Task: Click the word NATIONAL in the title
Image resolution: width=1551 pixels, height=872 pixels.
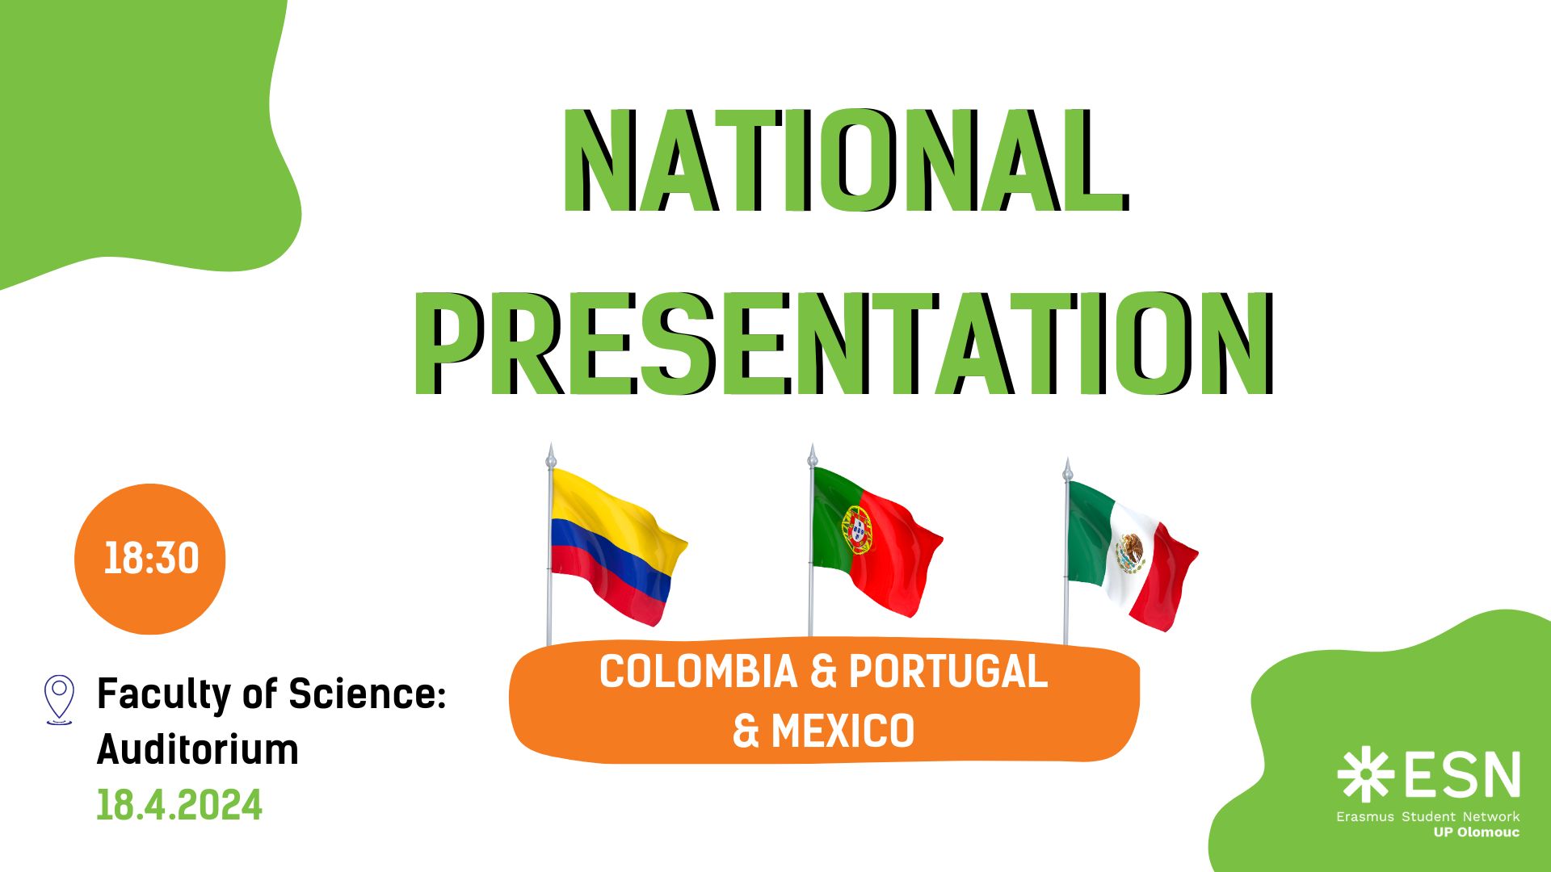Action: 845,161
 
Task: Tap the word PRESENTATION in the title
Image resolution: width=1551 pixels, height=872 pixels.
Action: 845,345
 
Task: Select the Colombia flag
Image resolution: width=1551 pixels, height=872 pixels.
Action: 618,547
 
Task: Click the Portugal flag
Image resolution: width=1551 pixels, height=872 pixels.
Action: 876,541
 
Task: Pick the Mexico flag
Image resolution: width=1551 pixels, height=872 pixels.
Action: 1131,555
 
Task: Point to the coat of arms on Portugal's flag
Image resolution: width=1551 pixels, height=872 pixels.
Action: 858,530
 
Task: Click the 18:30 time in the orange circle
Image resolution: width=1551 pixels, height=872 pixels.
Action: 151,559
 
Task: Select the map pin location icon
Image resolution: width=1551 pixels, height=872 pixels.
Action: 59,699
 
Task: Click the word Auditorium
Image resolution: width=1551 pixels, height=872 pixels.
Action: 198,749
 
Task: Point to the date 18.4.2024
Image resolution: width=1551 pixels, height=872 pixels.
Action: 179,805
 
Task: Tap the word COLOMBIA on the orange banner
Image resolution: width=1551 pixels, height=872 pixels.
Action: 698,672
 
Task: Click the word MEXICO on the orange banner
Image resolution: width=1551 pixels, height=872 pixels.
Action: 843,732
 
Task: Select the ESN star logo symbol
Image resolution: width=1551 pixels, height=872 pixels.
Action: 1365,775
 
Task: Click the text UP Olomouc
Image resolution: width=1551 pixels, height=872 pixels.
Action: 1476,832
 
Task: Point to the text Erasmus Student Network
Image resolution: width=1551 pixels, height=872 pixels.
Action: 1427,816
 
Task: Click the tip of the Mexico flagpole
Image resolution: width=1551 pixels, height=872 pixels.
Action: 1067,459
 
